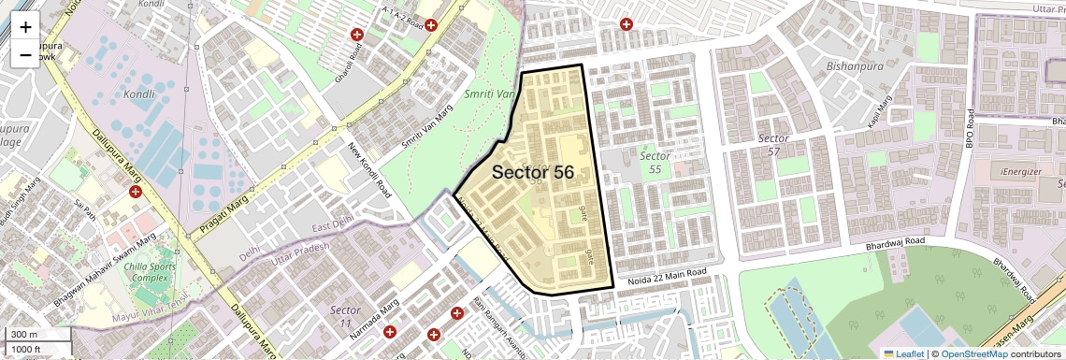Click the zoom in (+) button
(25, 28)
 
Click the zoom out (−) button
(25, 55)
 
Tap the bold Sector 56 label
(532, 173)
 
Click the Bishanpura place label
(856, 66)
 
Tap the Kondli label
(138, 94)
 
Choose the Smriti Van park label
(491, 95)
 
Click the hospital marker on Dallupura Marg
(136, 192)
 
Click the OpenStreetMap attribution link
(973, 353)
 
